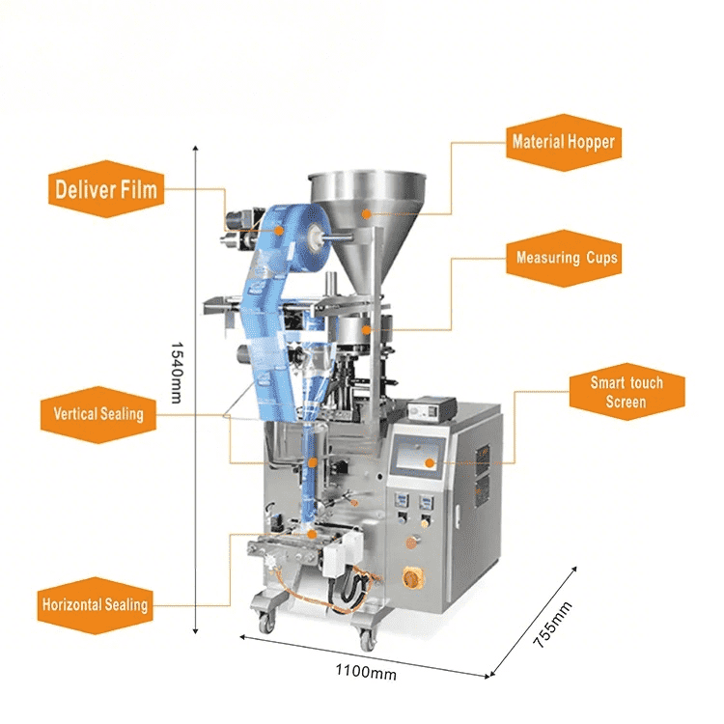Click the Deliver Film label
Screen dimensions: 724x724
click(x=106, y=189)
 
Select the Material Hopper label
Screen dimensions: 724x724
click(x=564, y=142)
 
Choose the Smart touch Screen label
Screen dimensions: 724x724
click(x=627, y=392)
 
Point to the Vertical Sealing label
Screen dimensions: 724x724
click(x=98, y=414)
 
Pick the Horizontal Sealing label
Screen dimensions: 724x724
click(x=96, y=605)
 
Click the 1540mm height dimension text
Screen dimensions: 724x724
click(x=176, y=373)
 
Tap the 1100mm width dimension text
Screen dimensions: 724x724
click(x=366, y=671)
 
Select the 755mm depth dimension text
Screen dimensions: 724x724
click(x=552, y=625)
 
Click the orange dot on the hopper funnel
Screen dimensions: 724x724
click(x=366, y=213)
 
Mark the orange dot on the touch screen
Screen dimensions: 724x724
click(x=430, y=462)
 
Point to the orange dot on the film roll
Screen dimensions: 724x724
click(x=279, y=230)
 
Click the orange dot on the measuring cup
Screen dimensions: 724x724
click(x=366, y=330)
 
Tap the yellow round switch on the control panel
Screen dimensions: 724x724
click(x=410, y=577)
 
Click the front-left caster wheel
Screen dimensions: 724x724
click(x=265, y=623)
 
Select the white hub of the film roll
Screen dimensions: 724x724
click(x=317, y=237)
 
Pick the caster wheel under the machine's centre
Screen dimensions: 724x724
click(x=368, y=640)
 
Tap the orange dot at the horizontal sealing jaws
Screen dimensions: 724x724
click(x=312, y=535)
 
